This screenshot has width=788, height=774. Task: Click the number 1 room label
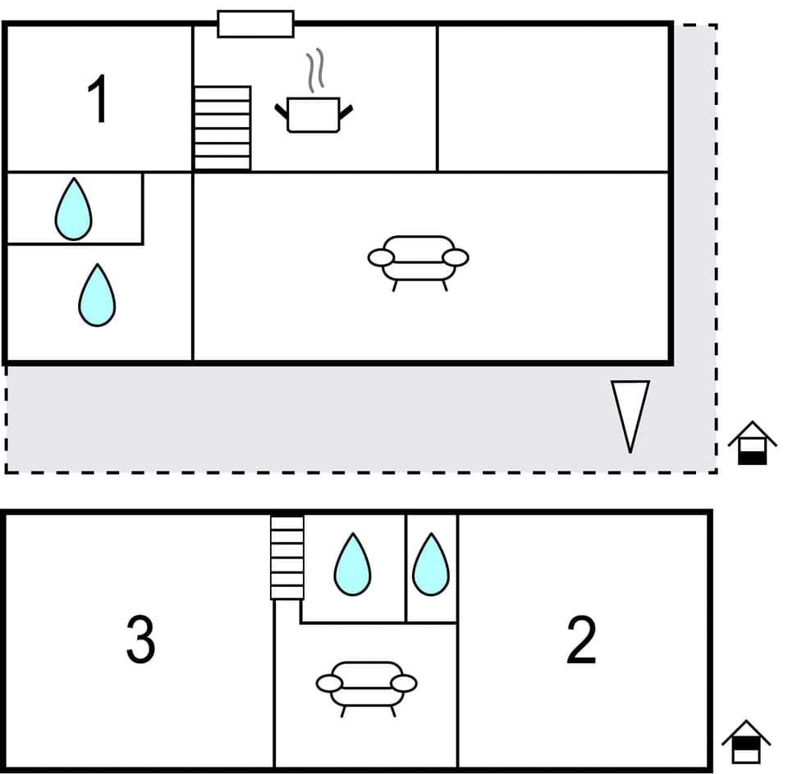98,98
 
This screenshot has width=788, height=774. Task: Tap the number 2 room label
581,640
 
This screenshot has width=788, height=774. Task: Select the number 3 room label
140,640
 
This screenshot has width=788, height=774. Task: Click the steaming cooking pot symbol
314,115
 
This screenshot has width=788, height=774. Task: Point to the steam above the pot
316,72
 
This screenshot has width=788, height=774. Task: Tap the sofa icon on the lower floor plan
367,686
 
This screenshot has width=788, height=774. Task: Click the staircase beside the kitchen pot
222,128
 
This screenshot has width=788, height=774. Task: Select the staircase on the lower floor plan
287,557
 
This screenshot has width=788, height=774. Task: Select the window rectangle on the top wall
255,24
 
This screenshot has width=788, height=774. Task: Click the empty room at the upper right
554,98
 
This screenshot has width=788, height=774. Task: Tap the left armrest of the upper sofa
381,257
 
